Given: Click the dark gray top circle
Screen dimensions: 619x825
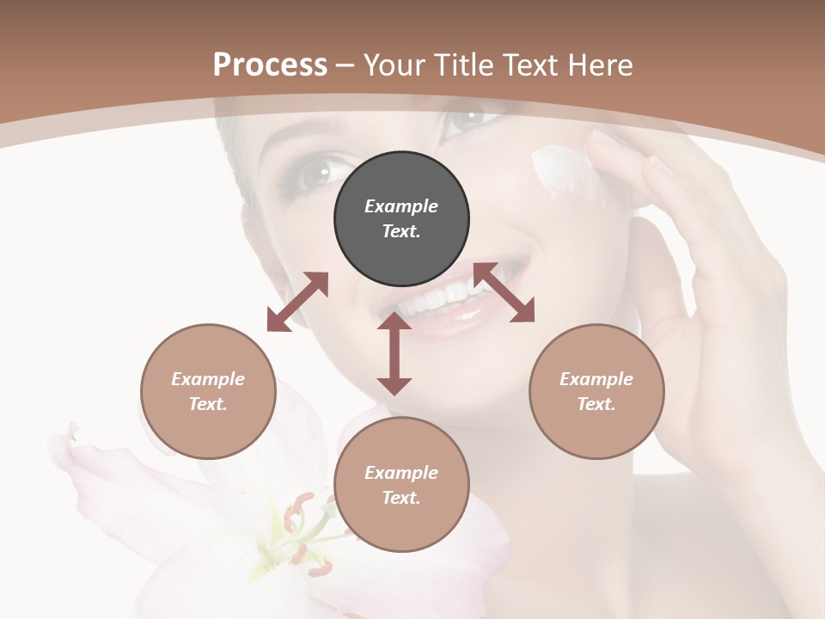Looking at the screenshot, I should [401, 219].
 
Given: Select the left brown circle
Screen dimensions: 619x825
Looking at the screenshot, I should [208, 391].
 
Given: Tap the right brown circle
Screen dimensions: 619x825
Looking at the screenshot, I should [596, 391].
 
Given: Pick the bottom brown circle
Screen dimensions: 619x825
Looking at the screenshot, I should [401, 485].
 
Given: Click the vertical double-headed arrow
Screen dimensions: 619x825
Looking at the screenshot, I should [394, 353].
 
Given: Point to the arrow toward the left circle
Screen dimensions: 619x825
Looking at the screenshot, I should [297, 302].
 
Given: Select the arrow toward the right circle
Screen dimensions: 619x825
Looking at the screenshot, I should [504, 293].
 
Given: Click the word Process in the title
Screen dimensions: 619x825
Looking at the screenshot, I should [270, 64].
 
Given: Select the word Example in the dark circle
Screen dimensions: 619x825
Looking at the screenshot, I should [401, 206].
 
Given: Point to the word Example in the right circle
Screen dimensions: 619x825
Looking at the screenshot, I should [596, 379].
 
